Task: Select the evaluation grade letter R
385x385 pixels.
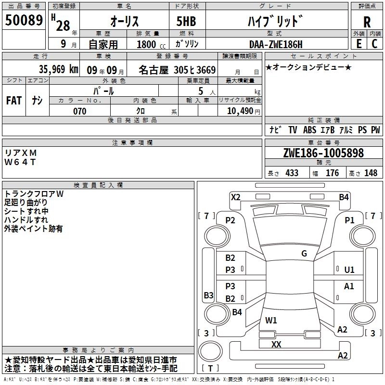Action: (x=367, y=23)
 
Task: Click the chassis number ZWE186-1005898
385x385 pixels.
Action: (x=323, y=154)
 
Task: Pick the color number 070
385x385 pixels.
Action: (x=79, y=111)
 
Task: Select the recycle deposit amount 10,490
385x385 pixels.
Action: (x=238, y=111)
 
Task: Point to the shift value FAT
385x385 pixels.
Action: (x=13, y=100)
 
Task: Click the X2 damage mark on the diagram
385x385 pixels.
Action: (x=235, y=196)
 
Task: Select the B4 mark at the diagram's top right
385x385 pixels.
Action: (x=344, y=196)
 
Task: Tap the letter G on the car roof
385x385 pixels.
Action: (x=304, y=254)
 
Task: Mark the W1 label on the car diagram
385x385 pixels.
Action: (x=271, y=320)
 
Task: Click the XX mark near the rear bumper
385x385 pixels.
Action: (x=276, y=345)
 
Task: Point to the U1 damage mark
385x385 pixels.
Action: (x=349, y=270)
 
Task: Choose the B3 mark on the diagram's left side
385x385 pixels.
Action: (x=208, y=295)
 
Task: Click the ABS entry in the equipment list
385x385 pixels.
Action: (x=310, y=130)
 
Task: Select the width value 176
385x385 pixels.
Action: (x=332, y=173)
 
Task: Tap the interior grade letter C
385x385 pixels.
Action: (x=374, y=44)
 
